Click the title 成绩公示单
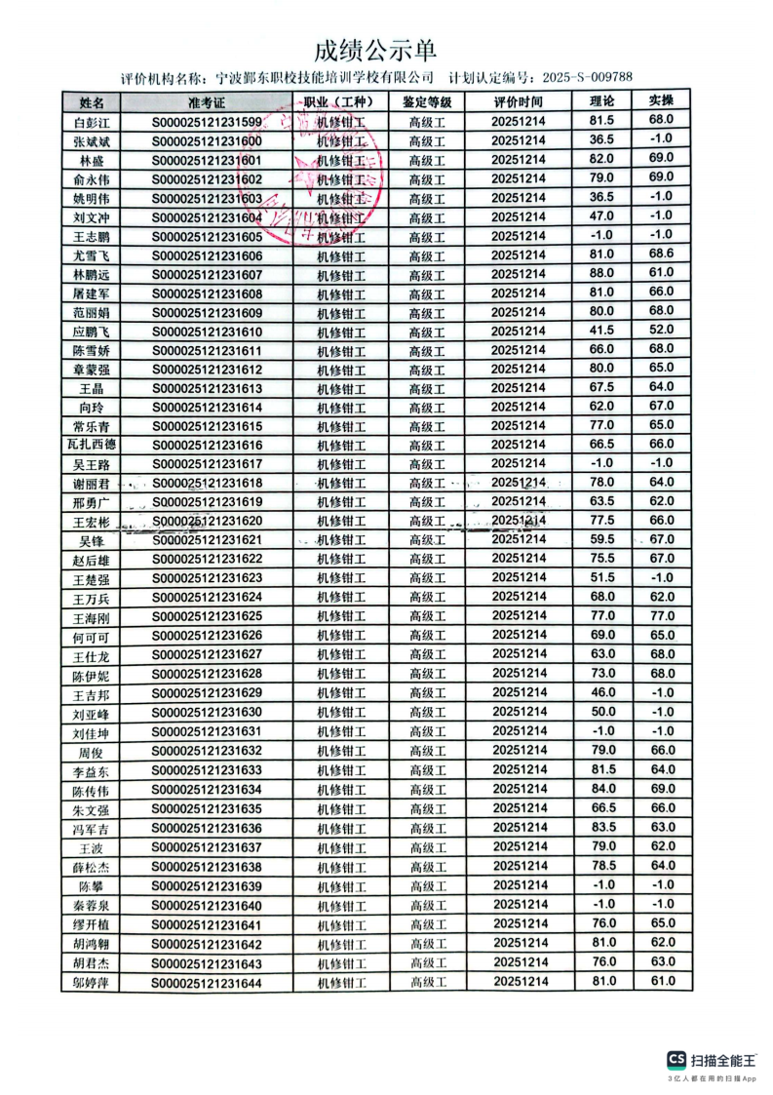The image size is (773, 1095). click(x=375, y=50)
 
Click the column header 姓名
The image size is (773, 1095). click(x=92, y=102)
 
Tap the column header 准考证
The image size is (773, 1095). click(x=207, y=102)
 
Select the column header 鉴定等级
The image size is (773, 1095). click(x=426, y=101)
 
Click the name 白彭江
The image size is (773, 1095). click(x=92, y=123)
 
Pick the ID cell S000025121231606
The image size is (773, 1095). click(x=207, y=255)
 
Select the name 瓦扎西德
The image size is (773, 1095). click(x=92, y=446)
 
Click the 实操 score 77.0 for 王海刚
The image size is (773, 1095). click(x=662, y=615)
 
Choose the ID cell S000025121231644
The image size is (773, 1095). click(x=207, y=983)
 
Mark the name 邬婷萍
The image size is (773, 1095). click(x=92, y=983)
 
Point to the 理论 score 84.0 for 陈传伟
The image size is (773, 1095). click(x=601, y=788)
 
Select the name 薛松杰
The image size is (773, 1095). click(x=92, y=868)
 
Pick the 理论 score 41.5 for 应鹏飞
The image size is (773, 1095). click(x=601, y=331)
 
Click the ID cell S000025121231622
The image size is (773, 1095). click(x=207, y=559)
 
